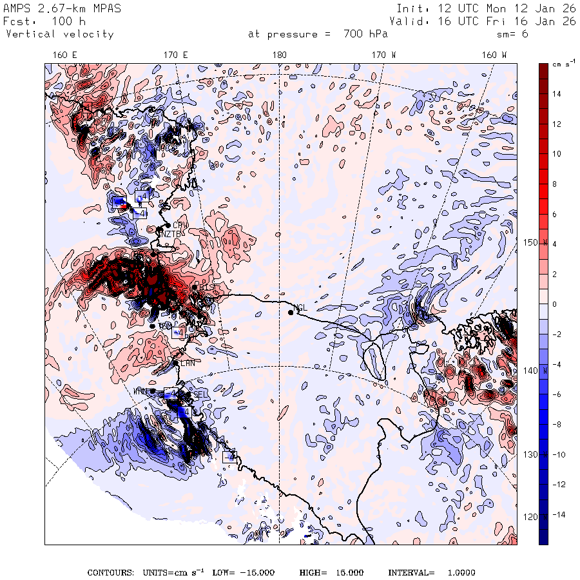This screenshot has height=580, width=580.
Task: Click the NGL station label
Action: [301, 307]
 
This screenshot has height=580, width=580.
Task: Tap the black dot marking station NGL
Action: [291, 313]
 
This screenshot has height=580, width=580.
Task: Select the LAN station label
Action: [188, 363]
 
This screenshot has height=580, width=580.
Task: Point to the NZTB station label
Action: [172, 233]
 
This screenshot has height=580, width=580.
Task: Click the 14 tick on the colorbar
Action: [557, 94]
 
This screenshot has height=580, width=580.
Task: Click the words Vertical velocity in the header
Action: [60, 34]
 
